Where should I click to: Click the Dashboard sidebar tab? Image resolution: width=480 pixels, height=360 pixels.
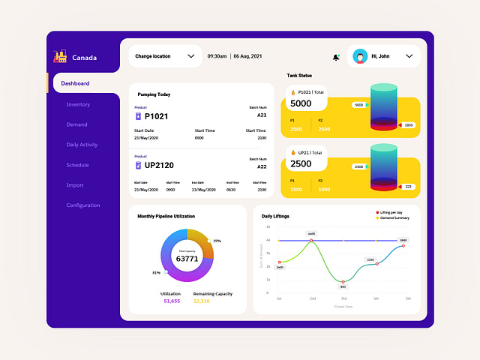tap(76, 83)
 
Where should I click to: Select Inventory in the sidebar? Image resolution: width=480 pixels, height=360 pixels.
tap(78, 104)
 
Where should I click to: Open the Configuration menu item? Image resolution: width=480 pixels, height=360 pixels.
tap(82, 205)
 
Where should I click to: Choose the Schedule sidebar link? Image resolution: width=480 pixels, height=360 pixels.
tap(77, 165)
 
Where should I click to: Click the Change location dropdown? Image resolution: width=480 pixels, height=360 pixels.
tap(164, 56)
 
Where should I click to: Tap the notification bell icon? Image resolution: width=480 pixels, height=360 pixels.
tap(336, 57)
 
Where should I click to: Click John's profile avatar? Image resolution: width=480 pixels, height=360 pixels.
tap(360, 56)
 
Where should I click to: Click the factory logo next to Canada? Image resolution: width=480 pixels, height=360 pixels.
tap(60, 56)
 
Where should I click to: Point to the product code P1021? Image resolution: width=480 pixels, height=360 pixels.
tap(156, 117)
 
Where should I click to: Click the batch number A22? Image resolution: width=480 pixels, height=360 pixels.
tap(262, 166)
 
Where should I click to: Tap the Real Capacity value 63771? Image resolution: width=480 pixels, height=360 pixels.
tap(187, 259)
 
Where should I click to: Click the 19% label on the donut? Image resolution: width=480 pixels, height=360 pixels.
tap(217, 241)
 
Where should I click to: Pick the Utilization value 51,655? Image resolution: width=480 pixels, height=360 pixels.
tap(171, 301)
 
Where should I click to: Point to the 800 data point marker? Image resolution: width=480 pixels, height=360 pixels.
tap(343, 281)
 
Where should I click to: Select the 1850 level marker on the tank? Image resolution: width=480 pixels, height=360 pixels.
tap(408, 125)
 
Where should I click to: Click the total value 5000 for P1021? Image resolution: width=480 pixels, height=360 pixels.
tap(301, 103)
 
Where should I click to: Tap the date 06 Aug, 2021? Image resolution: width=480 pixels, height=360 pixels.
tap(247, 56)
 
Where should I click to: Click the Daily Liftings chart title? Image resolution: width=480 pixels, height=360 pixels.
tap(275, 216)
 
